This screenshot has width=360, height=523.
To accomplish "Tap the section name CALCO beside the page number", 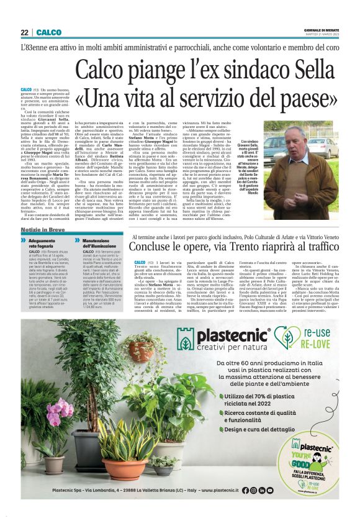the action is click(48, 32).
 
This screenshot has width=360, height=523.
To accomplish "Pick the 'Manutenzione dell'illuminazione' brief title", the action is click(99, 243).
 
